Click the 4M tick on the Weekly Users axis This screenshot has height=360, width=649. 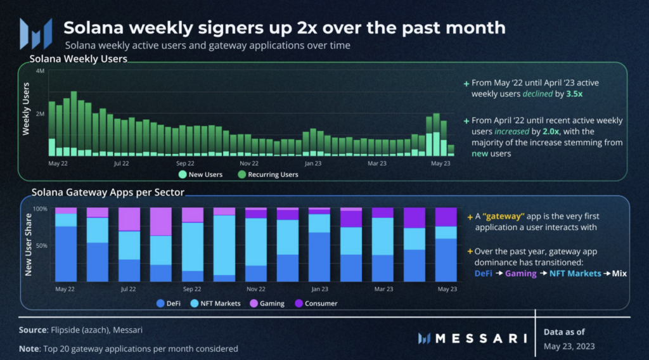coord(40,71)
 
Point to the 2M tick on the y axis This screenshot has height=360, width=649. coord(40,113)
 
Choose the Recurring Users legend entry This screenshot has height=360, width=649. coord(269,174)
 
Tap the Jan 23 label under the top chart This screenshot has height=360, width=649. coord(312,164)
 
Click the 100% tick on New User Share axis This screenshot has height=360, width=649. coord(40,209)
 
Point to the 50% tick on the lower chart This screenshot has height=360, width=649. coord(41,245)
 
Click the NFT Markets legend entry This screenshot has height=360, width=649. coord(215,304)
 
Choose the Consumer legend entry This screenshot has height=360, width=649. coord(316,304)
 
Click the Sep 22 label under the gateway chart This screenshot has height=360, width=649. coord(192,289)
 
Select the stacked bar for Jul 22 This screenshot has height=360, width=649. coord(129,245)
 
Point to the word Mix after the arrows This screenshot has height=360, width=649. coord(620,273)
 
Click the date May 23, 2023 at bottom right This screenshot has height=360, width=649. coord(569,346)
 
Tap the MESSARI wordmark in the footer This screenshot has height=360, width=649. coord(481,338)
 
